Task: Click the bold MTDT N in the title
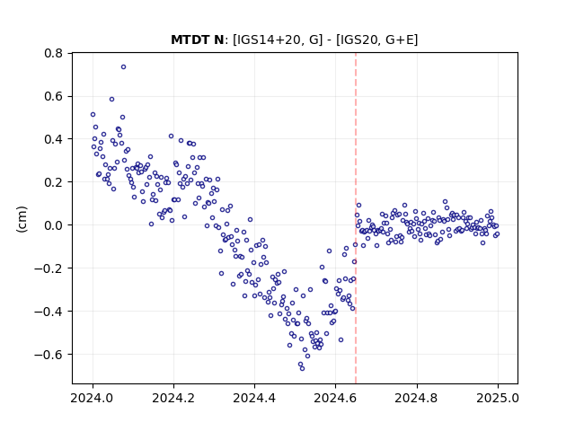click(198, 40)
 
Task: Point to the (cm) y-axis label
click(22, 219)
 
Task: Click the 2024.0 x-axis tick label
click(93, 398)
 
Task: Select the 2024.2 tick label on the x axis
click(173, 398)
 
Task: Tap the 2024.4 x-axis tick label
click(254, 398)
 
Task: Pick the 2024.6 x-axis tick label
click(335, 398)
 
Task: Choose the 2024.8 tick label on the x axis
click(416, 398)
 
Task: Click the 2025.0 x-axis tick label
click(498, 398)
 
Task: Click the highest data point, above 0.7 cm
click(124, 67)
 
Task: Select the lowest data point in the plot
click(302, 368)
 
